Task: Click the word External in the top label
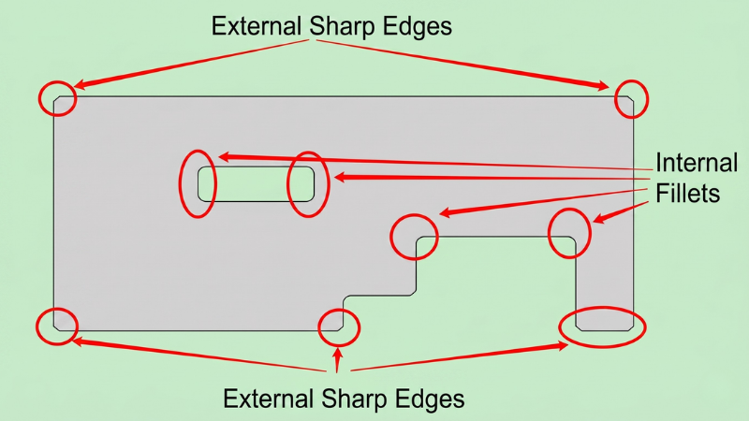click(x=256, y=26)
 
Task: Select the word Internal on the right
click(x=697, y=163)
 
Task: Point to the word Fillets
click(x=687, y=194)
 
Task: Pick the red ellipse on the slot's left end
click(x=180, y=183)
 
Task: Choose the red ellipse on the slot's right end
click(x=287, y=184)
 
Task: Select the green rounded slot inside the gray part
click(x=256, y=183)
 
